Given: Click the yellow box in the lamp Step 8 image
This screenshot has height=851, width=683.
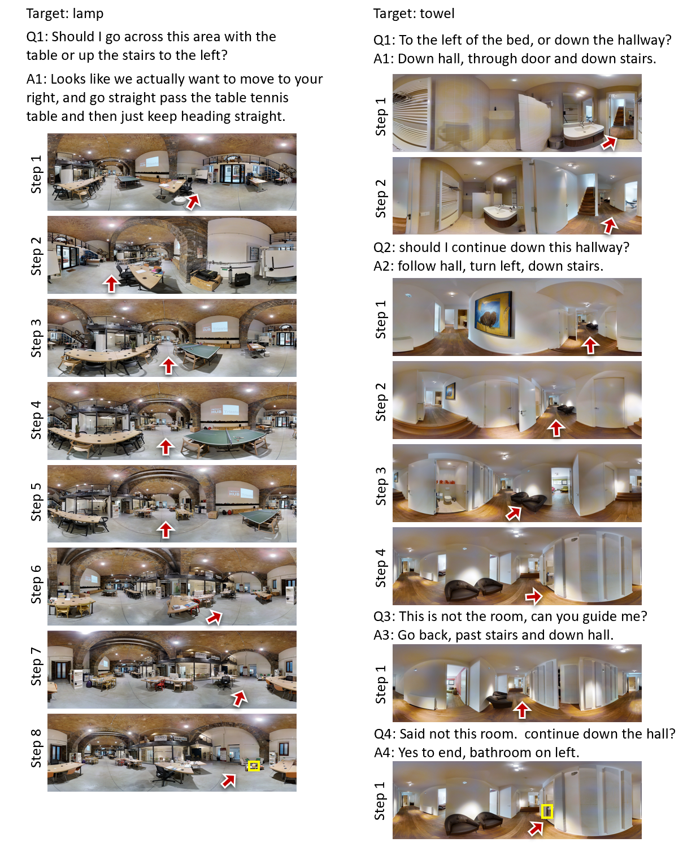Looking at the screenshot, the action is pyautogui.click(x=254, y=766).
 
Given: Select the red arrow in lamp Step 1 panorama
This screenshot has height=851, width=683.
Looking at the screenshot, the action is pyautogui.click(x=193, y=201).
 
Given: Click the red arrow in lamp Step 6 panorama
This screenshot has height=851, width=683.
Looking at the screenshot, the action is pyautogui.click(x=214, y=617).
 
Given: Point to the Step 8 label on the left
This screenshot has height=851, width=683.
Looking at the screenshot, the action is pyautogui.click(x=36, y=749).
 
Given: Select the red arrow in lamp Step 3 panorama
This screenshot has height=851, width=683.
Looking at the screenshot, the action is pyautogui.click(x=168, y=366).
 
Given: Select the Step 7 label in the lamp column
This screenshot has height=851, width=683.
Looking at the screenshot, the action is pyautogui.click(x=36, y=666).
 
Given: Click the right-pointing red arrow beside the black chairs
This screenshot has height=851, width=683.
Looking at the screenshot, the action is pyautogui.click(x=533, y=596).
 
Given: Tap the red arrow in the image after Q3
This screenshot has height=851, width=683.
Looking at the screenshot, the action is pyautogui.click(x=522, y=710).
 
